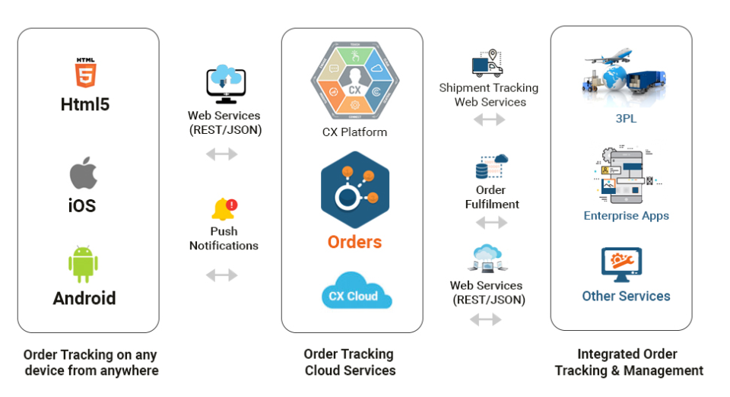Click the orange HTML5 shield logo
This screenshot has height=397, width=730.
point(84,74)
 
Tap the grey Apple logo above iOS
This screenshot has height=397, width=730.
point(84,174)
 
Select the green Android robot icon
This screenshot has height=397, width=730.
point(84,263)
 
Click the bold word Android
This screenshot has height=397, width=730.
point(84,298)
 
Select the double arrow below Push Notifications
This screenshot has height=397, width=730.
point(222,275)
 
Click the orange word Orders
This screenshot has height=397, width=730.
point(354,242)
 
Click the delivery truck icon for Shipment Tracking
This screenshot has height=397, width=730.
point(487,64)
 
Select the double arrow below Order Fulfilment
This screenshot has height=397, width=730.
point(491,223)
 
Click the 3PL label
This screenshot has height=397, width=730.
point(626,119)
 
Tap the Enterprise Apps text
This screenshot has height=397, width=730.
point(626,215)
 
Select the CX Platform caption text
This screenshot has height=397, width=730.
point(354,132)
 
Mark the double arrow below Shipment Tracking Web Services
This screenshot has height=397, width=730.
point(489,119)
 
